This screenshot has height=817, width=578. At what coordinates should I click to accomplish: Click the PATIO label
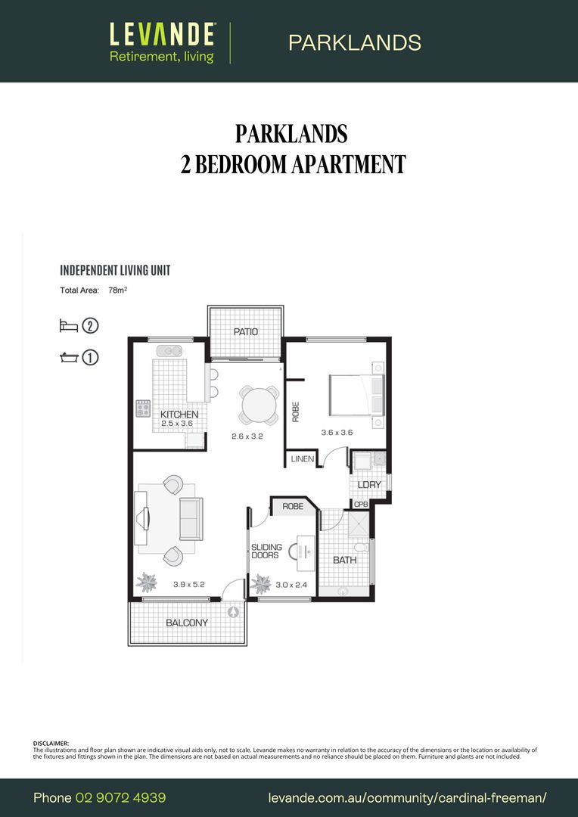coord(245,331)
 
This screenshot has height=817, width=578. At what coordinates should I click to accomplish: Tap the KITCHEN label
coord(179,415)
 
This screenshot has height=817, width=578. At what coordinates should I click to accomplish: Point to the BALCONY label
coord(186,623)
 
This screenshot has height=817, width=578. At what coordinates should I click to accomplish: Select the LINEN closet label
coord(303,459)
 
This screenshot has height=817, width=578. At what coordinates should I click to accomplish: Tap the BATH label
coord(344,560)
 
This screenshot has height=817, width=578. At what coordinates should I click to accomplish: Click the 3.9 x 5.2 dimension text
coord(189,584)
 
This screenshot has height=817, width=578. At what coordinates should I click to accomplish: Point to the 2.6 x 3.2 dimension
coord(247,436)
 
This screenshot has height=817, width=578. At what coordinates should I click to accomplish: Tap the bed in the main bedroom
coord(356,393)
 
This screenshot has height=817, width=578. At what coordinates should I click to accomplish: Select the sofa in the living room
coord(190,518)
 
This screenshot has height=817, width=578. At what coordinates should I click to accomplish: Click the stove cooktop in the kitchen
coord(143,409)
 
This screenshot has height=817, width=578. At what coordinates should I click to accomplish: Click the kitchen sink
coord(168,350)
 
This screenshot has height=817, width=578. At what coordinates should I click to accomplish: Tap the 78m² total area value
coord(117,289)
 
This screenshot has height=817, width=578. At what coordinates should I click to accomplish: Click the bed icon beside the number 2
coord(69,326)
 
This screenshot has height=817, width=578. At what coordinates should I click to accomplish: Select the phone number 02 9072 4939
coord(120,797)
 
